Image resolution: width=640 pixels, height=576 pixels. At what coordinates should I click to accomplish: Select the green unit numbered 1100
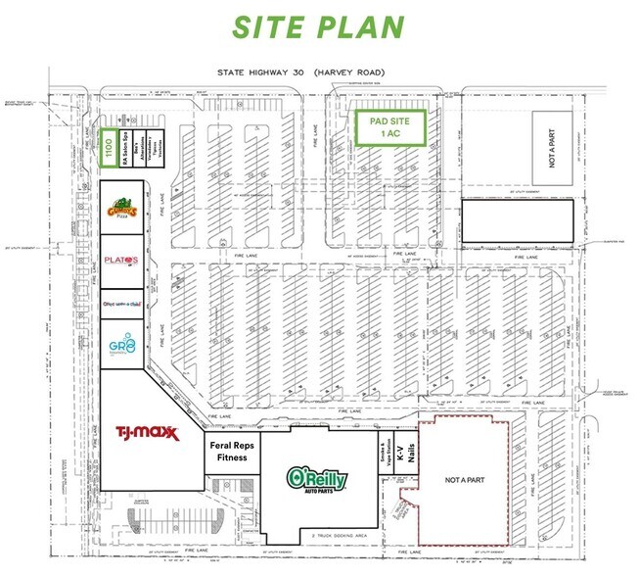click(108, 151)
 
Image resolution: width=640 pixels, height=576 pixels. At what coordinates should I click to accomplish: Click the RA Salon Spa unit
click(124, 151)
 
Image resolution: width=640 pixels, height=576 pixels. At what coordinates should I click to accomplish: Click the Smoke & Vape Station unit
click(386, 455)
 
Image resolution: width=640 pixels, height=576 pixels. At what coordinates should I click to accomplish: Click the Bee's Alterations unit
click(139, 151)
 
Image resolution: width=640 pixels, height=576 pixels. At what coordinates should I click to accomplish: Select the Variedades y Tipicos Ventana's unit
click(155, 151)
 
